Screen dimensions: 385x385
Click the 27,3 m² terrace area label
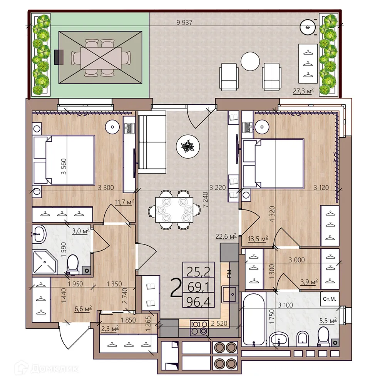pos(304,91)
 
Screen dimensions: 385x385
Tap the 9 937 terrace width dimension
pos(184,22)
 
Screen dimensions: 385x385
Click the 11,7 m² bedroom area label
pos(124,201)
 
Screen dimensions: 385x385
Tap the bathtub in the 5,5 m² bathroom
pos(253,319)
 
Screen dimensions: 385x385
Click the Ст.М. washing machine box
pos(330,299)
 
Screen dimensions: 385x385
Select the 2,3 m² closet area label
pos(110,328)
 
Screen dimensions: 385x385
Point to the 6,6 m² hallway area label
pos(82,308)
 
